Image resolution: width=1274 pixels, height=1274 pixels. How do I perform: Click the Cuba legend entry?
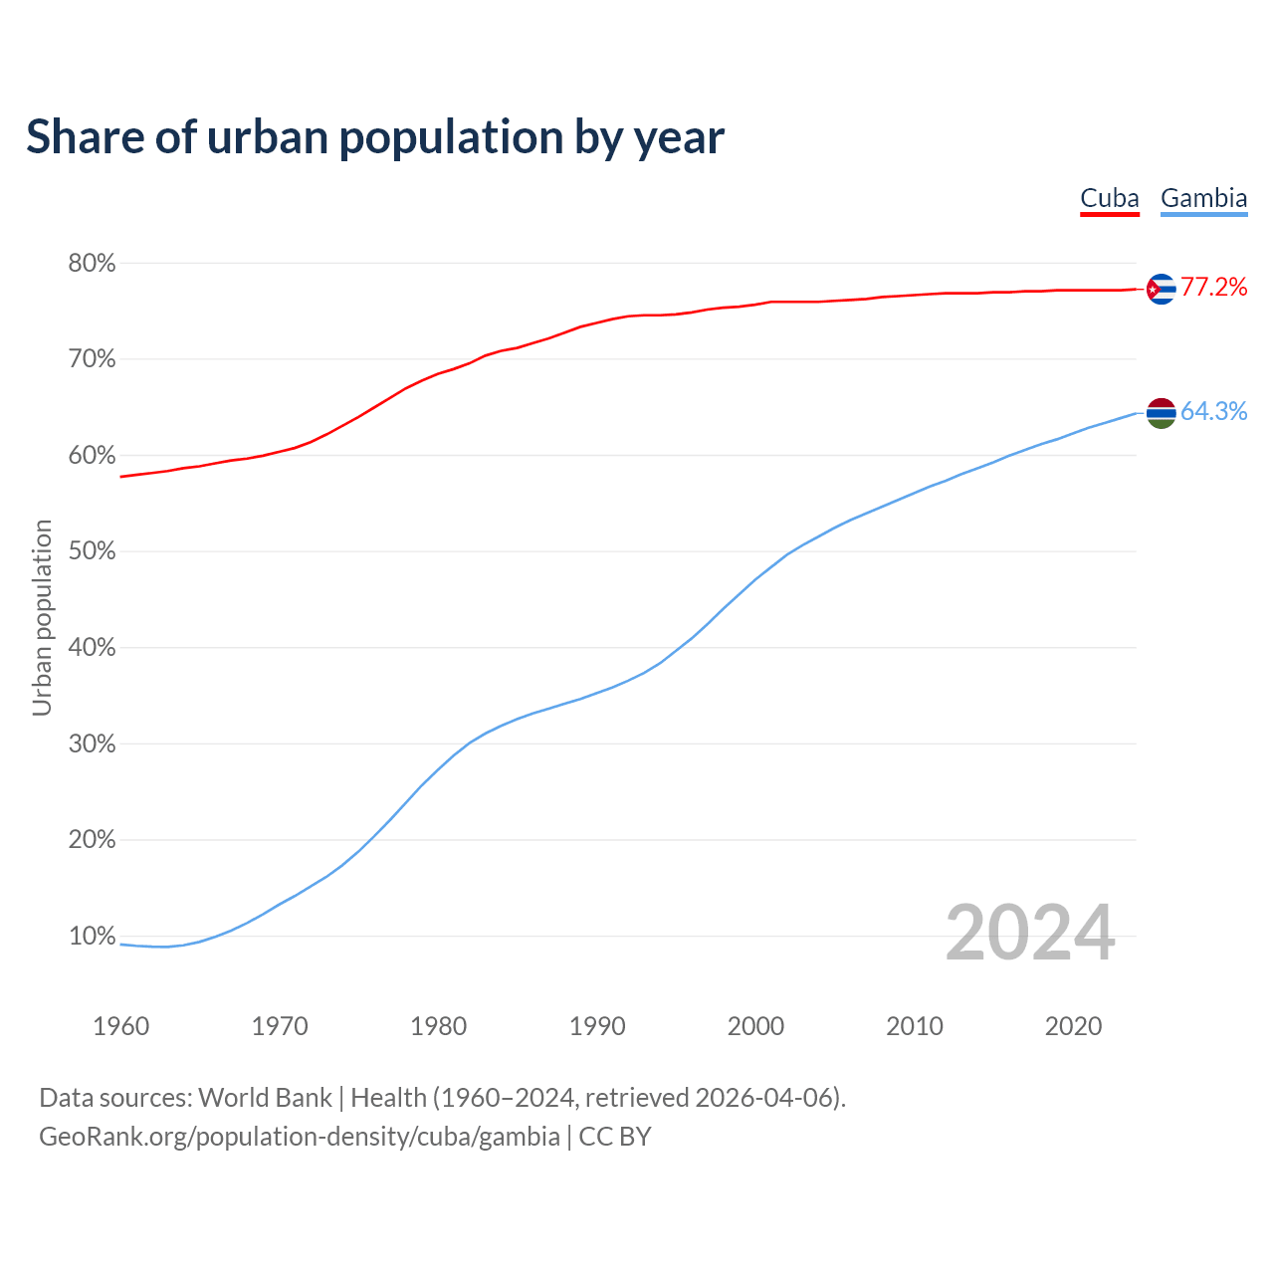click(x=1110, y=198)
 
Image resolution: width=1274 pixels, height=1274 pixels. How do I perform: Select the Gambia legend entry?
click(x=1203, y=198)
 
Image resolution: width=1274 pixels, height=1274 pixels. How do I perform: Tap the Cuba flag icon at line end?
click(x=1161, y=289)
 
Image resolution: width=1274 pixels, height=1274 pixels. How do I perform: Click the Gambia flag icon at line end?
click(x=1161, y=412)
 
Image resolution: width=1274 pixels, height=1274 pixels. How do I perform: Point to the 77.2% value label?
click(x=1213, y=288)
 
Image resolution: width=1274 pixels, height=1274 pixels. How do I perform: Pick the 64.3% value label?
click(x=1213, y=411)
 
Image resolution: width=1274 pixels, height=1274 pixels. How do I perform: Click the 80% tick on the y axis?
click(x=92, y=264)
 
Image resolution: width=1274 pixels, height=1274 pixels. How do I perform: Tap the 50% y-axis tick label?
click(x=92, y=551)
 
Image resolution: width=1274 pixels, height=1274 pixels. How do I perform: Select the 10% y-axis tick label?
click(x=92, y=937)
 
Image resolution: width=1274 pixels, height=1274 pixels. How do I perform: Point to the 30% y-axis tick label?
click(x=92, y=744)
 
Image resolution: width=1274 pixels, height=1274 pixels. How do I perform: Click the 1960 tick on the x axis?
click(x=120, y=1026)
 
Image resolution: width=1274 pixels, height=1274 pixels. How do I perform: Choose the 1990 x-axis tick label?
click(x=597, y=1026)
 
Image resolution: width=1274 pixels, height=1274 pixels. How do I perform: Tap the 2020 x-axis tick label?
click(x=1073, y=1026)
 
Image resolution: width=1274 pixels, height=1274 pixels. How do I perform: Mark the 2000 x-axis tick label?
click(x=755, y=1026)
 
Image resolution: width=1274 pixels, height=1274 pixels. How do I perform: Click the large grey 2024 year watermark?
click(x=1029, y=933)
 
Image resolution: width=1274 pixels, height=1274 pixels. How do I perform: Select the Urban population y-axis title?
click(x=42, y=617)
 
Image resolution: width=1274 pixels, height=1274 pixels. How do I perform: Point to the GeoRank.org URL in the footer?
click(x=299, y=1137)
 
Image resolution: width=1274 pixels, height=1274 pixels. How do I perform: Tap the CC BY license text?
click(x=615, y=1137)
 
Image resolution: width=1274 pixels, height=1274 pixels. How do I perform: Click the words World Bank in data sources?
click(x=265, y=1098)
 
